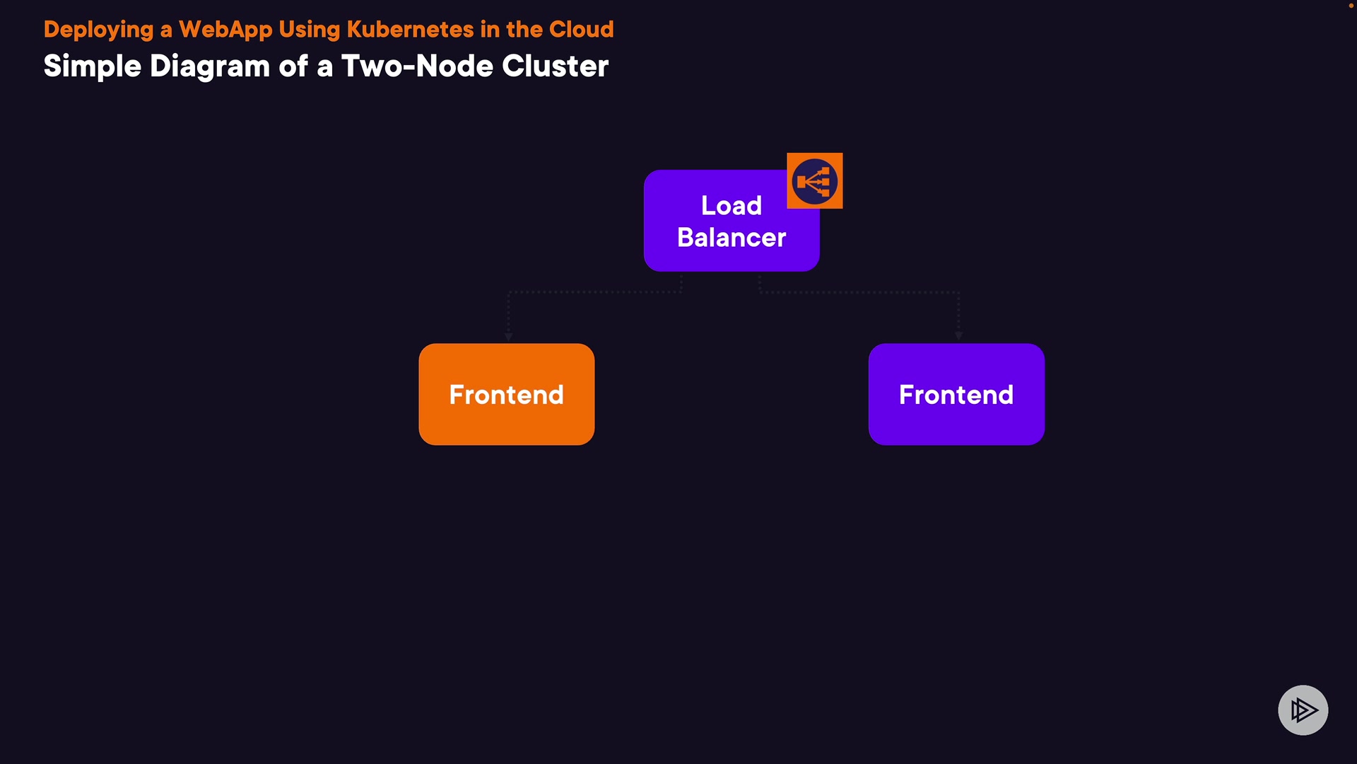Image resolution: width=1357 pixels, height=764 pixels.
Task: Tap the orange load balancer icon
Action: point(814,181)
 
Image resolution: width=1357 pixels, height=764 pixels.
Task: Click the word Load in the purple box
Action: point(732,206)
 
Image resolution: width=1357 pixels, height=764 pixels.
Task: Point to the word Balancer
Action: point(732,238)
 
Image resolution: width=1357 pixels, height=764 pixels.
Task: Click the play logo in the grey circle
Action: point(1303,710)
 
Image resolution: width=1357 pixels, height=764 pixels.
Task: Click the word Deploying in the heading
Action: point(98,30)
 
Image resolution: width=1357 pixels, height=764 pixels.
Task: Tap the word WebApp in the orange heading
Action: point(225,30)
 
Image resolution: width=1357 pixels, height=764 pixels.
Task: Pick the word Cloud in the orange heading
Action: point(581,30)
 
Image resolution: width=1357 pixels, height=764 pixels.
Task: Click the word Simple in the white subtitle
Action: point(93,66)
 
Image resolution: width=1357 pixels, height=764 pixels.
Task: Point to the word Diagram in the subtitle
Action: point(209,66)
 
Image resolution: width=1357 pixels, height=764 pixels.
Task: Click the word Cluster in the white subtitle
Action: point(555,66)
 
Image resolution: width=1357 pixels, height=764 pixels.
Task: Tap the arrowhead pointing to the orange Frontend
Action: point(508,337)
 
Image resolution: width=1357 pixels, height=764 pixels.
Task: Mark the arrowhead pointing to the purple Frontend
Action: point(958,336)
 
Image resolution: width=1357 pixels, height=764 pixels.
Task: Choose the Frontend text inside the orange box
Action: point(506,395)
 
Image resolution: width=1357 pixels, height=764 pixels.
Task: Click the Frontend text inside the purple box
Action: point(956,395)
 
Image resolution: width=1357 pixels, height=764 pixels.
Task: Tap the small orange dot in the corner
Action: point(1351,6)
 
